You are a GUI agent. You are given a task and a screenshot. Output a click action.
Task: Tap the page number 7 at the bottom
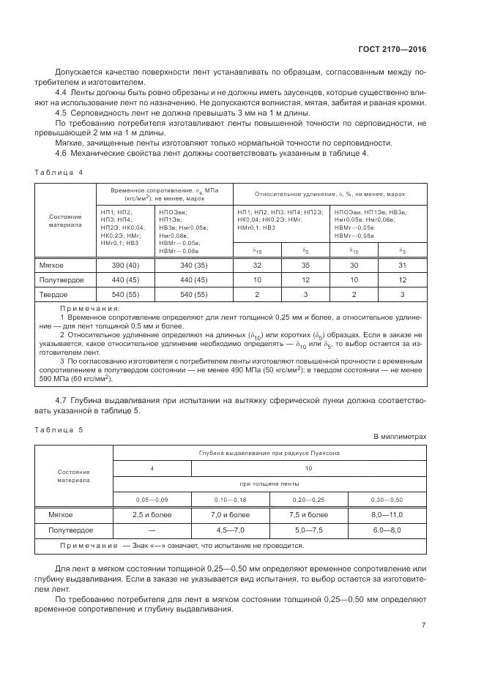click(424, 624)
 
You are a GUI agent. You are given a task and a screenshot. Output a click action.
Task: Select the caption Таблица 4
click(59, 172)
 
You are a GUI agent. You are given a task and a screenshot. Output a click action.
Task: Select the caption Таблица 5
click(59, 429)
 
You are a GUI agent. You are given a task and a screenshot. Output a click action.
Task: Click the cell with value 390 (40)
click(124, 266)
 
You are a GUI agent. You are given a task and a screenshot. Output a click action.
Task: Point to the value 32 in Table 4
click(256, 266)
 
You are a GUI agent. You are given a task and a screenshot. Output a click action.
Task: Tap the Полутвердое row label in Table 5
click(66, 529)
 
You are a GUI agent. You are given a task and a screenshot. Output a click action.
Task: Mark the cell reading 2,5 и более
click(152, 515)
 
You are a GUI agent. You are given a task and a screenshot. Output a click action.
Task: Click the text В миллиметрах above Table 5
click(399, 437)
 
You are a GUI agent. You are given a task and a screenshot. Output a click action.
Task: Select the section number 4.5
click(62, 112)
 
